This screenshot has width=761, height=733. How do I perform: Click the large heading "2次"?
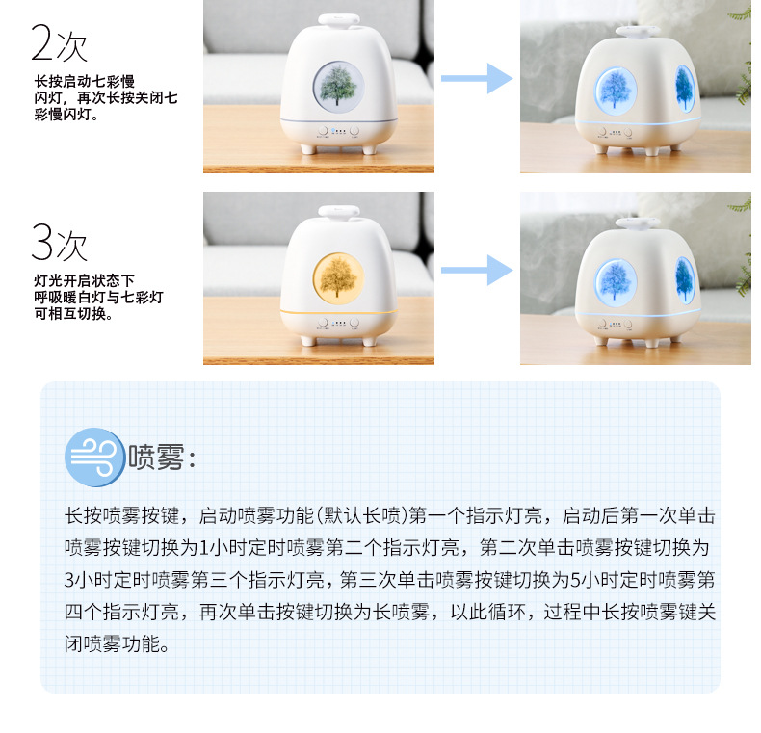60,43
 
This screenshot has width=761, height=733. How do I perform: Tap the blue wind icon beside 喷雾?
94,457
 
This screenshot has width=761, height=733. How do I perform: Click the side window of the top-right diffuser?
684,88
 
